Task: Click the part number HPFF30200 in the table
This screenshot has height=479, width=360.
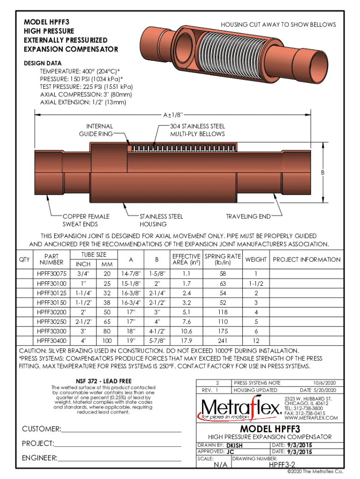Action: pos(51,312)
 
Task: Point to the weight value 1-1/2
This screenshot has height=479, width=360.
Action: pos(256,283)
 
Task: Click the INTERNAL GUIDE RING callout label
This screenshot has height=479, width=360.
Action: pos(100,130)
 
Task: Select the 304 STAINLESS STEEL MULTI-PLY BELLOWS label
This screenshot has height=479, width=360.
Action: pos(197,130)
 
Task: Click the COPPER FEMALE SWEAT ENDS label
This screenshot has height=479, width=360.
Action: pos(86,220)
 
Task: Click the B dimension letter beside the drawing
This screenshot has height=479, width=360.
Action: pos(322,173)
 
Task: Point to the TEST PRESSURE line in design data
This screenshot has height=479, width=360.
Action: pos(86,87)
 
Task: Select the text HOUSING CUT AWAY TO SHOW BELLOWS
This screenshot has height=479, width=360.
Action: pos(278,24)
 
